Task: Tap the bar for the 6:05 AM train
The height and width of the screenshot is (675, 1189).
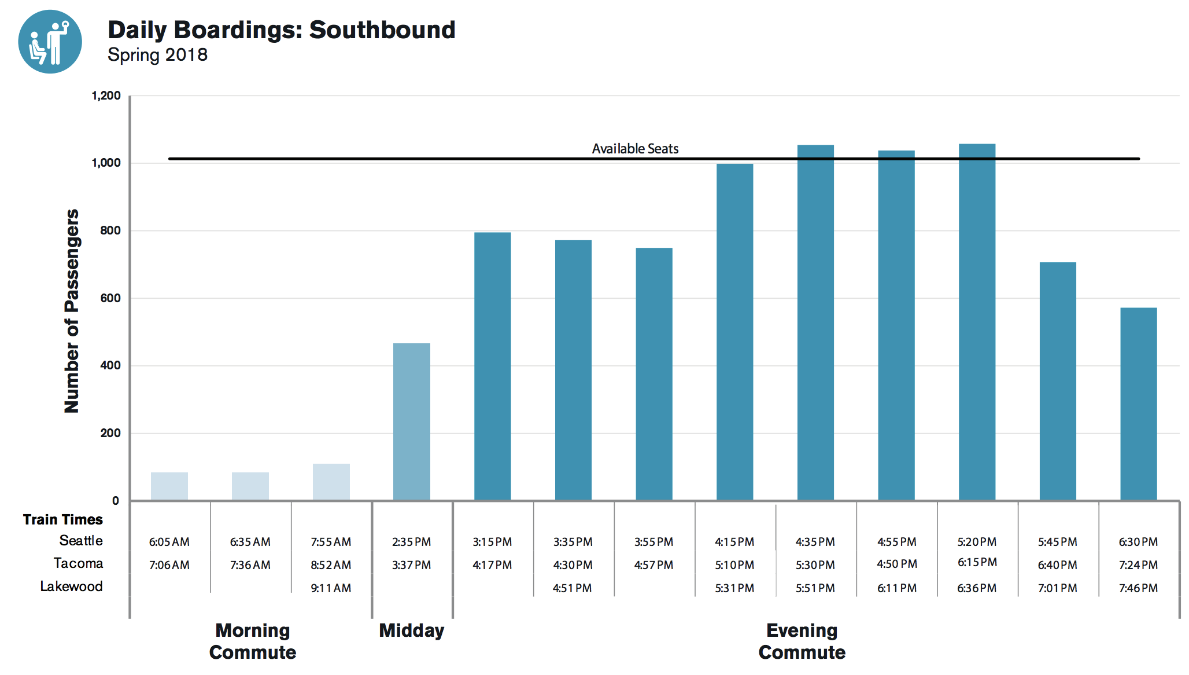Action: coord(169,486)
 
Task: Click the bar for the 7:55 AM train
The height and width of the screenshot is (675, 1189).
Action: coord(331,482)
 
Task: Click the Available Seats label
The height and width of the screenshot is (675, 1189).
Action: coord(635,149)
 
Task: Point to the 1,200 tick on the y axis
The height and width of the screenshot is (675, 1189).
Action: coord(106,96)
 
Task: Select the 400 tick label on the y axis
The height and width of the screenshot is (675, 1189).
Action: coord(110,365)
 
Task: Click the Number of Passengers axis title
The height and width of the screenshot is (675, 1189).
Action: coord(71,311)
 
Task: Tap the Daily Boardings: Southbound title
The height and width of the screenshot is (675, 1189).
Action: coord(282,30)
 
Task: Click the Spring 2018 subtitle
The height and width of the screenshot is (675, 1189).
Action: coord(157,55)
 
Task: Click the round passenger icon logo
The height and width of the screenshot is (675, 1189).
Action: coord(50,42)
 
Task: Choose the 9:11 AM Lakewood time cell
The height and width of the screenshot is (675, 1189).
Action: coord(331,588)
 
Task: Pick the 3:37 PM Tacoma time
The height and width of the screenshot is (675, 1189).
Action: coord(411,565)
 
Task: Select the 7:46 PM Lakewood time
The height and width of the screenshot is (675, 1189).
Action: coord(1138,588)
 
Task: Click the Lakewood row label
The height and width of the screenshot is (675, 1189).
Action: coord(71,586)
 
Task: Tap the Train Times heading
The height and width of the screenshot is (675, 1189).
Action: coord(62,519)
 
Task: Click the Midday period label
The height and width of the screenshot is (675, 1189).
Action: coord(411,630)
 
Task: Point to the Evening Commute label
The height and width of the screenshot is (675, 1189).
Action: coord(802,641)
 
